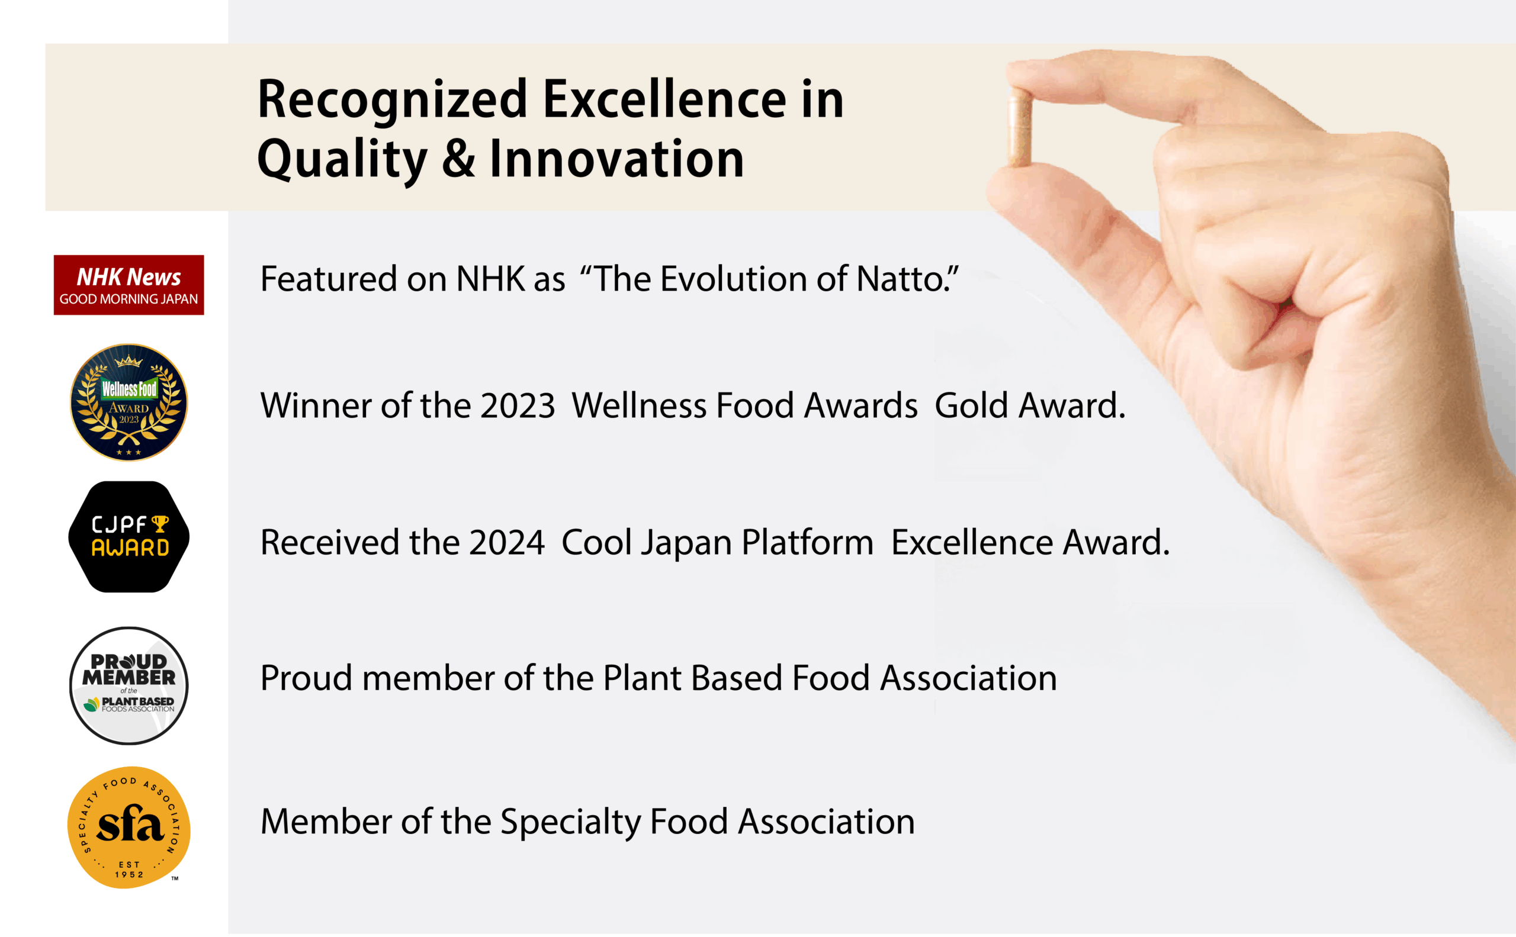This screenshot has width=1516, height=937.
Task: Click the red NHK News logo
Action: tap(129, 285)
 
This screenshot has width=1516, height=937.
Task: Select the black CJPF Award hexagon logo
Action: tap(129, 537)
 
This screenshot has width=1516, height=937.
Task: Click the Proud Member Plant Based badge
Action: tap(129, 685)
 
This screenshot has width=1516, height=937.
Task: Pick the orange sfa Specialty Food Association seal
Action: tap(129, 828)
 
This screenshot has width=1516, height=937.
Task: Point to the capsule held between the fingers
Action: tap(1019, 126)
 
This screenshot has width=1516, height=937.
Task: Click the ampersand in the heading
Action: tap(459, 159)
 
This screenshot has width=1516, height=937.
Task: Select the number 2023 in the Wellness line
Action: tap(518, 406)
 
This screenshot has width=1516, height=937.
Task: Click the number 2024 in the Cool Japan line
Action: tap(506, 543)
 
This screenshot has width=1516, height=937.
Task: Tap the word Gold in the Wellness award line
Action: tap(972, 406)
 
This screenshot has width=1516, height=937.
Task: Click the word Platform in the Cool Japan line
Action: tap(807, 543)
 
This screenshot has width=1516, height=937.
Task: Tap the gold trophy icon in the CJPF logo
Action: tap(160, 524)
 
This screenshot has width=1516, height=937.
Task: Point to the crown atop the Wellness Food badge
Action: tap(129, 360)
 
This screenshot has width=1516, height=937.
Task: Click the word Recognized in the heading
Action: tap(393, 101)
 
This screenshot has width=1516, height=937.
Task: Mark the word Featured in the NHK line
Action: tap(329, 279)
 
